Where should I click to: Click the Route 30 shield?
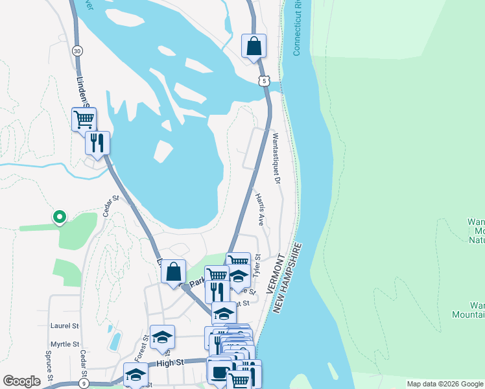point(77,51)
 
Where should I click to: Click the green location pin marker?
point(59,217)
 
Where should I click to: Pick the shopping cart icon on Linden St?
point(84,119)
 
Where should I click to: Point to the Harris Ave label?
point(260,208)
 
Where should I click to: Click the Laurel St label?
point(64,326)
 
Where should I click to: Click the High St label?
point(167,363)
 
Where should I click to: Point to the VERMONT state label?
point(272,274)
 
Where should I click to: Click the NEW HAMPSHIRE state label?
point(288,279)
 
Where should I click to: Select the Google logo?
point(21,381)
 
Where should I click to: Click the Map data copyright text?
point(444,384)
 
